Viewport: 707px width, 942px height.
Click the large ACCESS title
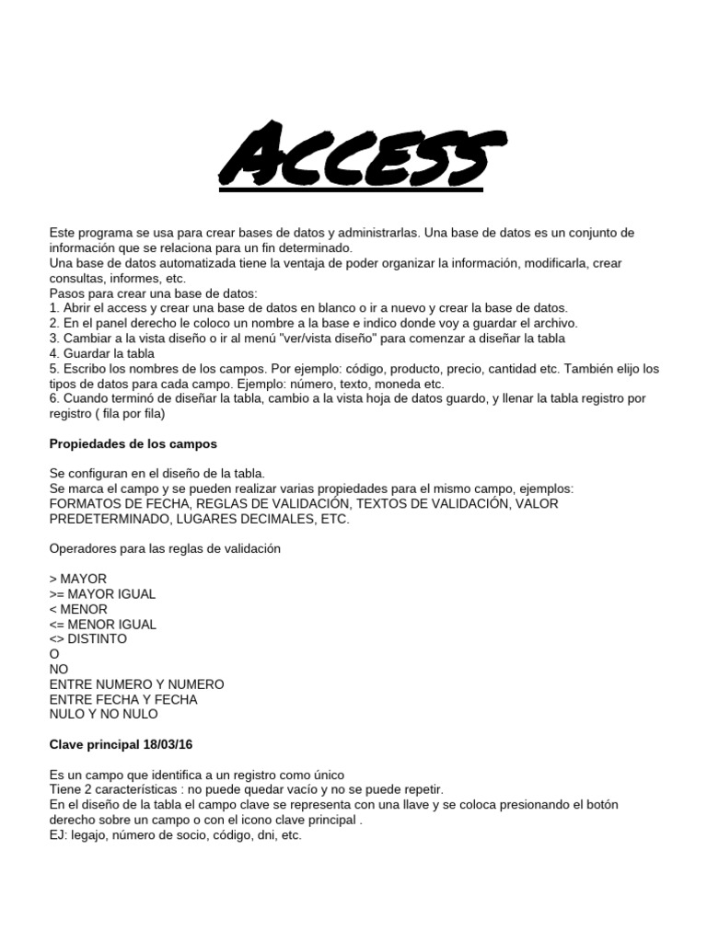353,157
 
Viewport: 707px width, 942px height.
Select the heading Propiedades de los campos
133,443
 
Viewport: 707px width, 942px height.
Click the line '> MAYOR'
78,579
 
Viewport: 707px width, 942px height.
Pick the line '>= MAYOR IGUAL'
102,594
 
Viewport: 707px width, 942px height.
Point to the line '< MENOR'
78,609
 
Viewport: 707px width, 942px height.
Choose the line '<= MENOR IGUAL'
102,624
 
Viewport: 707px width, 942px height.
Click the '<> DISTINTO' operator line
88,638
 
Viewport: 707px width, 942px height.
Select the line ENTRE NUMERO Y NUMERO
136,684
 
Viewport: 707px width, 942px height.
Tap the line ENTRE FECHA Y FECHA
123,699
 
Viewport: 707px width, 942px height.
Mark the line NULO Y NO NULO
103,714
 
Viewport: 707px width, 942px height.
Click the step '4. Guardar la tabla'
102,353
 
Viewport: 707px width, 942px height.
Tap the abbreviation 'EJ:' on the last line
59,836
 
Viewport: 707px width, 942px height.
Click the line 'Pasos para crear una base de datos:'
154,293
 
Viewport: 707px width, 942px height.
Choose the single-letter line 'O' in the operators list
53,654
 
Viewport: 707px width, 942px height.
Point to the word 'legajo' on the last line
93,836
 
